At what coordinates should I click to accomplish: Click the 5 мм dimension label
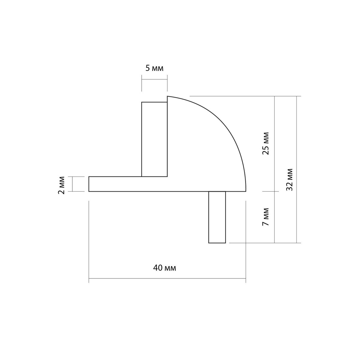154,69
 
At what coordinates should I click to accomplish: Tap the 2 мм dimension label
62,185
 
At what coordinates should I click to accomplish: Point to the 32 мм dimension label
289,179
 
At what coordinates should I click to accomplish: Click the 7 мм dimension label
265,216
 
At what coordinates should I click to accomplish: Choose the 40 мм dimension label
164,268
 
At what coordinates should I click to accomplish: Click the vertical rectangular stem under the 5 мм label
154,139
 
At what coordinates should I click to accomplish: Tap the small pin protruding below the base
217,217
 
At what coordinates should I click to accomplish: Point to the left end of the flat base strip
89,184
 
